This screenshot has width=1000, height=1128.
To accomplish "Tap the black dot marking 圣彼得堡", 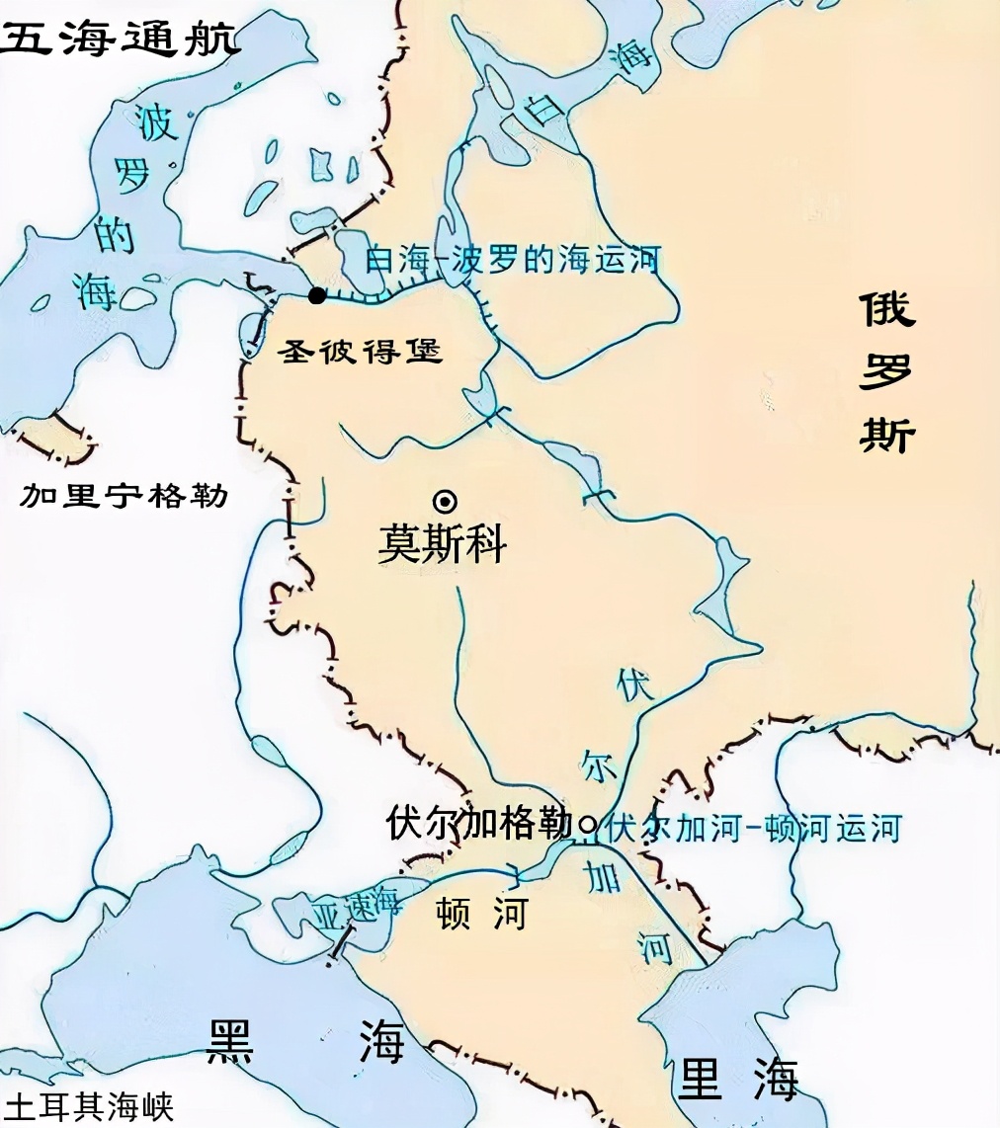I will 316,295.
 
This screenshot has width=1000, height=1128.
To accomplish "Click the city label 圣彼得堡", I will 360,350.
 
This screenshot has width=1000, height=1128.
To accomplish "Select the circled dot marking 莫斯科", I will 447,501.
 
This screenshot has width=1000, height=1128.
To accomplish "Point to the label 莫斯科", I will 442,544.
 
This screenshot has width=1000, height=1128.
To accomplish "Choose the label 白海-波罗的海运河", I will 512,261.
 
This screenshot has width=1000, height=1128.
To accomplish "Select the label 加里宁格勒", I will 125,495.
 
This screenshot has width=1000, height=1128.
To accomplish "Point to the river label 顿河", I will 481,914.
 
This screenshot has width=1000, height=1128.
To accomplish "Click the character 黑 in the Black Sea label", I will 230,1041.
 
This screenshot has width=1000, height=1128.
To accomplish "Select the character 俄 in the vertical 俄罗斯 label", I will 886,309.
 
